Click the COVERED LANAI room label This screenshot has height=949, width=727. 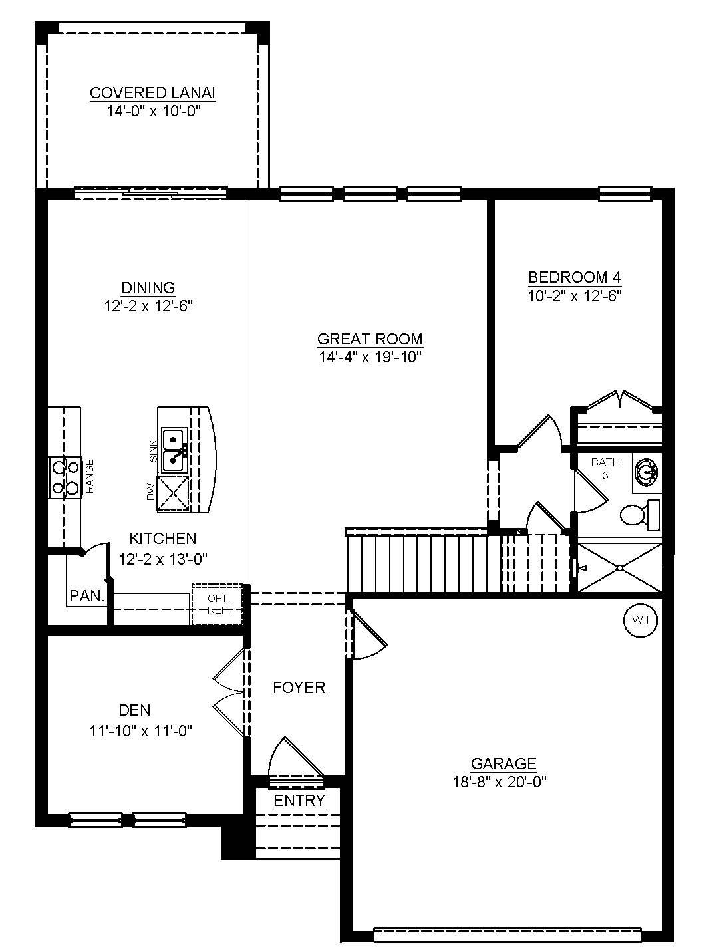click(x=152, y=93)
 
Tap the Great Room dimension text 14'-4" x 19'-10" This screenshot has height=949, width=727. click(x=370, y=357)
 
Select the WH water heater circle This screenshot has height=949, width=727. click(x=640, y=620)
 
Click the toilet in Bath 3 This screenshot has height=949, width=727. click(x=640, y=515)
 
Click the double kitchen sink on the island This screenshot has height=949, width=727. click(x=175, y=450)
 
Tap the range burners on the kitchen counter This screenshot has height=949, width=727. click(x=65, y=477)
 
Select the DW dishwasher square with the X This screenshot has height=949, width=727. click(x=173, y=494)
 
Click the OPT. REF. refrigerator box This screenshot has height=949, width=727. click(x=217, y=604)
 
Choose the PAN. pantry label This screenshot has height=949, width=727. click(x=87, y=596)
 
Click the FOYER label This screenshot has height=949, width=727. click(x=299, y=688)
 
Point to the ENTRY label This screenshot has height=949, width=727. click(x=299, y=801)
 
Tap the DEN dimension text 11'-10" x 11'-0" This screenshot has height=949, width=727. click(x=141, y=730)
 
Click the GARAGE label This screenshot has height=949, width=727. click(x=504, y=763)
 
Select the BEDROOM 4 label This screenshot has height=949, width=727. click(x=575, y=277)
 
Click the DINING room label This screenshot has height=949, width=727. click(x=148, y=287)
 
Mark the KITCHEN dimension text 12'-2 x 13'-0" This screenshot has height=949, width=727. click(x=163, y=559)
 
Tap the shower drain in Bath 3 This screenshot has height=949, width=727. click(x=620, y=568)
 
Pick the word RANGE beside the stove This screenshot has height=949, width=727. click(x=90, y=476)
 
